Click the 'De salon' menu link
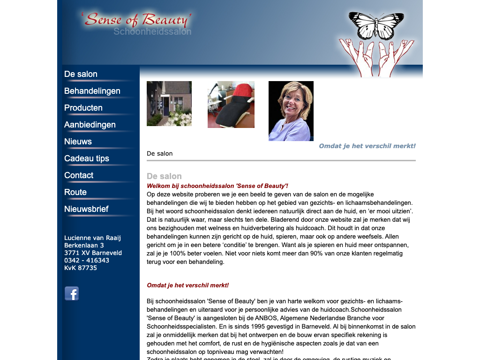81,74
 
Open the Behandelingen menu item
92,91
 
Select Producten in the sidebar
83,108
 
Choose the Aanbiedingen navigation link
90,125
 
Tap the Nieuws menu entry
78,142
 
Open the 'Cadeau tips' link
87,158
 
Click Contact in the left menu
79,175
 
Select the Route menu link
75,192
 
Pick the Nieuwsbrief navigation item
86,209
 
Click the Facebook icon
72,293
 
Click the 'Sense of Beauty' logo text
136,20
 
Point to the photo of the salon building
169,104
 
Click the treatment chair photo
231,105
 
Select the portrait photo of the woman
291,111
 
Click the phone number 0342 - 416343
87,260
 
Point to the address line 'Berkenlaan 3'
84,245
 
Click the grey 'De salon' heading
164,176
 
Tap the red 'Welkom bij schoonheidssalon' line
217,186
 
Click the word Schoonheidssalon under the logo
152,32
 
